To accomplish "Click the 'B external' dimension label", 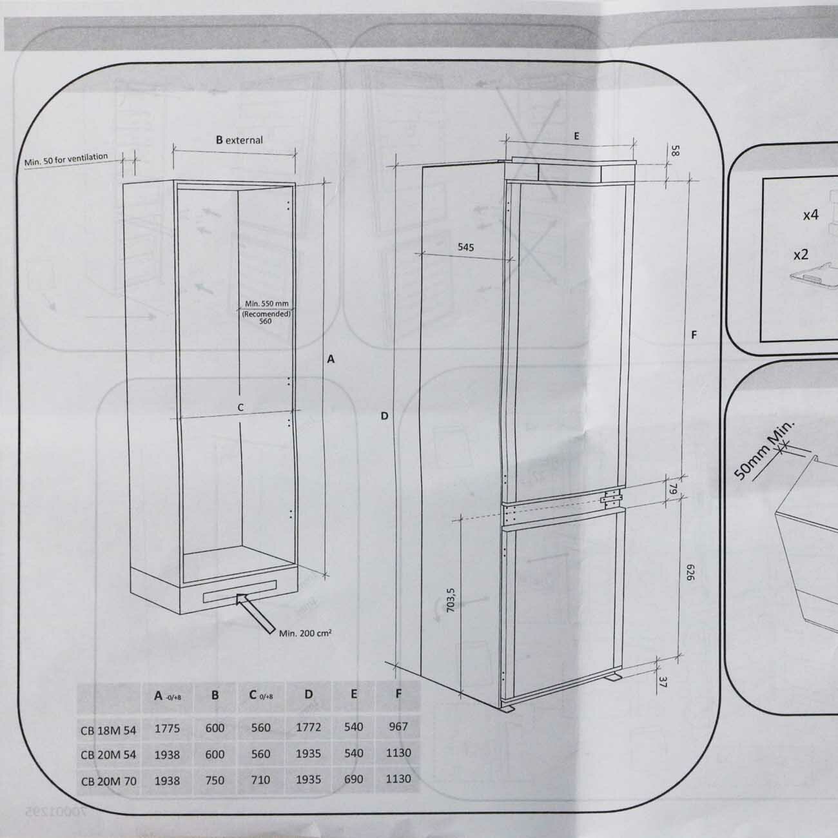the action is [239, 140].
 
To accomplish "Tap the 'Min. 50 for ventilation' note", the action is [66, 160].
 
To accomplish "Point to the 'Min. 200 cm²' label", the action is [305, 633].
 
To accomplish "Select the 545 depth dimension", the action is [465, 247].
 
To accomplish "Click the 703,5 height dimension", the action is [451, 599].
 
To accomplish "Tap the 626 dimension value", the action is [688, 572].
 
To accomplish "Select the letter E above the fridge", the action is [576, 136].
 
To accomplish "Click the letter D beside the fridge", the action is [384, 416].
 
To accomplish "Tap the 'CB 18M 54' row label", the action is [108, 730].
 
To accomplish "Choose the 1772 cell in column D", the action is [308, 728].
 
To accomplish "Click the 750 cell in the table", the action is [215, 780].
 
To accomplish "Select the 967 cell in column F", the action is [398, 726].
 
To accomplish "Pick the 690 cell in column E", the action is [353, 779].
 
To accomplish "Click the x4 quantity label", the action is [810, 215].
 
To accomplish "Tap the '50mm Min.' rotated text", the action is [765, 451].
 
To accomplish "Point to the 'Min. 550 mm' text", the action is [266, 304].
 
